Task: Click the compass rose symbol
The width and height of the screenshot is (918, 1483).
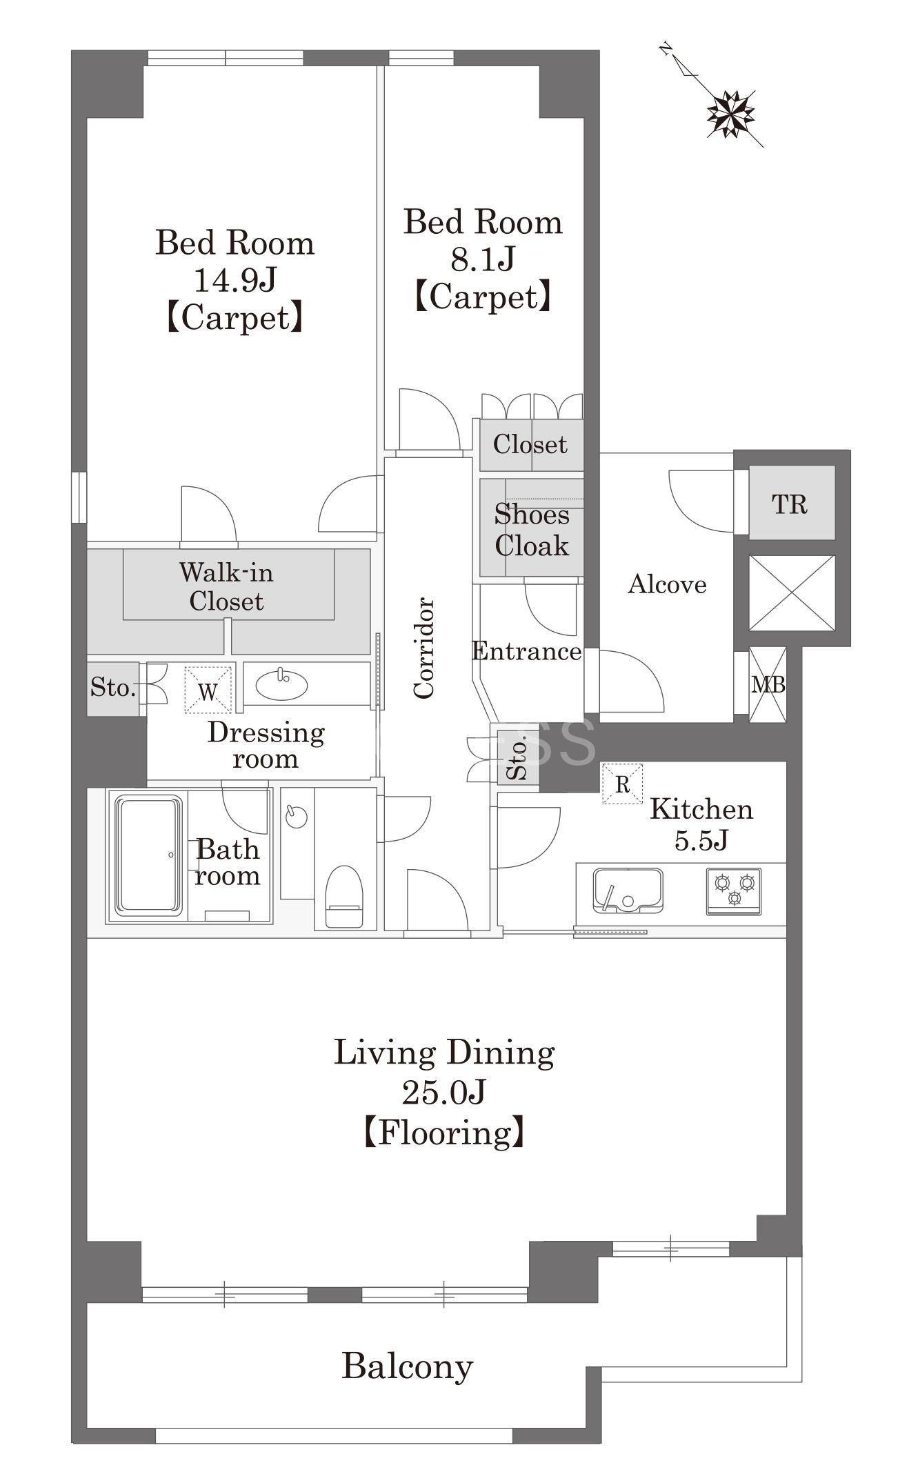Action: (730, 114)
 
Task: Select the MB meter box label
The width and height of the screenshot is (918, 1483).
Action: (768, 685)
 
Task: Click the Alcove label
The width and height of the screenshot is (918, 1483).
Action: (667, 585)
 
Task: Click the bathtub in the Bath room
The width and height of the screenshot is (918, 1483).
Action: (150, 855)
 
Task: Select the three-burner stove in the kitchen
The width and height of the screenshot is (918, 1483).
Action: (734, 891)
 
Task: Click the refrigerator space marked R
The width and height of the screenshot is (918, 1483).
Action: (622, 784)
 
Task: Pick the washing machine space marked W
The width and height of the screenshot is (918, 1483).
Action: (208, 690)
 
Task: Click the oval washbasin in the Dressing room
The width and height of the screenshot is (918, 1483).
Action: (281, 685)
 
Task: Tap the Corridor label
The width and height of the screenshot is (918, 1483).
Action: (423, 648)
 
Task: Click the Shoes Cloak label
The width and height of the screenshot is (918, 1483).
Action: (532, 530)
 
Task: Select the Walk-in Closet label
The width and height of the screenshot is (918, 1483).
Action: (226, 587)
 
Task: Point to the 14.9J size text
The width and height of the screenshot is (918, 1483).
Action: (235, 280)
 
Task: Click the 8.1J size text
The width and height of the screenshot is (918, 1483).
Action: (483, 259)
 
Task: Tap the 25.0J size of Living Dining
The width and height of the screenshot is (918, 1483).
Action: (444, 1092)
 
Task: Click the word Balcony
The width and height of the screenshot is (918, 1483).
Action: (408, 1366)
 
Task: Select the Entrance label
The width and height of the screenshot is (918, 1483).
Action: (527, 651)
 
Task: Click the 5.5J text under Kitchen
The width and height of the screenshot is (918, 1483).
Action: (701, 840)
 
